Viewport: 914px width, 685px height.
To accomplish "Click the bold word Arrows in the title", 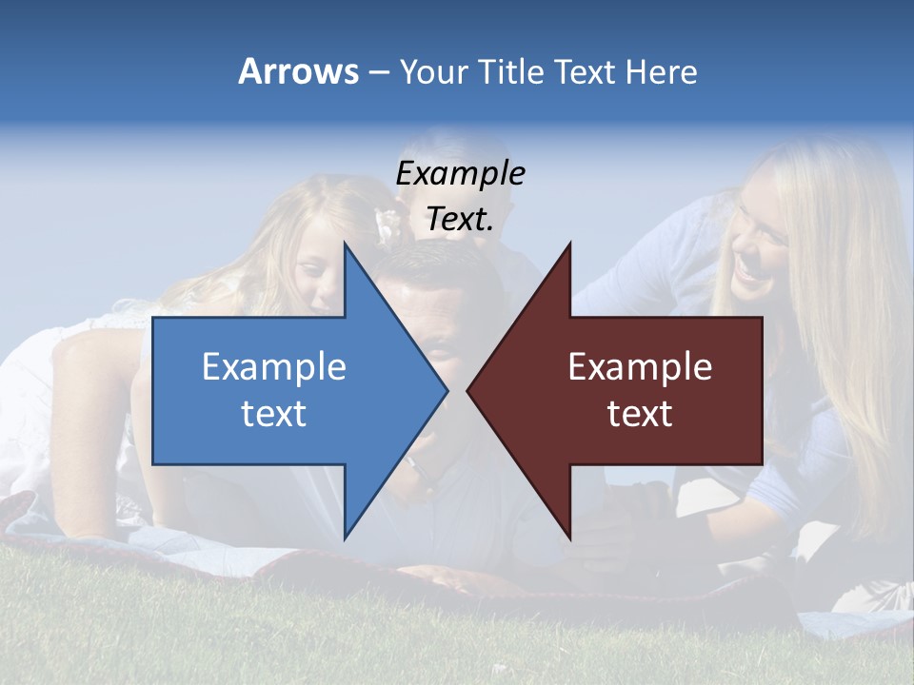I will pyautogui.click(x=298, y=71).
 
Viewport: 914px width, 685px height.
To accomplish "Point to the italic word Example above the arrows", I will pyautogui.click(x=460, y=173).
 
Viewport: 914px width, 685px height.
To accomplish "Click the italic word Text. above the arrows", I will pyautogui.click(x=460, y=219).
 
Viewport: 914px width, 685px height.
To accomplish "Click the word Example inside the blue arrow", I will pyautogui.click(x=274, y=367).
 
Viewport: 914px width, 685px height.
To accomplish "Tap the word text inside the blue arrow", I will pyautogui.click(x=274, y=414).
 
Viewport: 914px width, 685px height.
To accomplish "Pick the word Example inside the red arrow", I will pyautogui.click(x=640, y=367).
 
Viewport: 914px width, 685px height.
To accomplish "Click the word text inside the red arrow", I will pyautogui.click(x=640, y=414).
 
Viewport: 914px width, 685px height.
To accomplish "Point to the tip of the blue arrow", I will pyautogui.click(x=446, y=390).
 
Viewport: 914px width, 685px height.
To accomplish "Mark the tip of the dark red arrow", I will pyautogui.click(x=469, y=390).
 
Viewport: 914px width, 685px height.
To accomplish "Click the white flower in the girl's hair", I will pyautogui.click(x=388, y=224).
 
